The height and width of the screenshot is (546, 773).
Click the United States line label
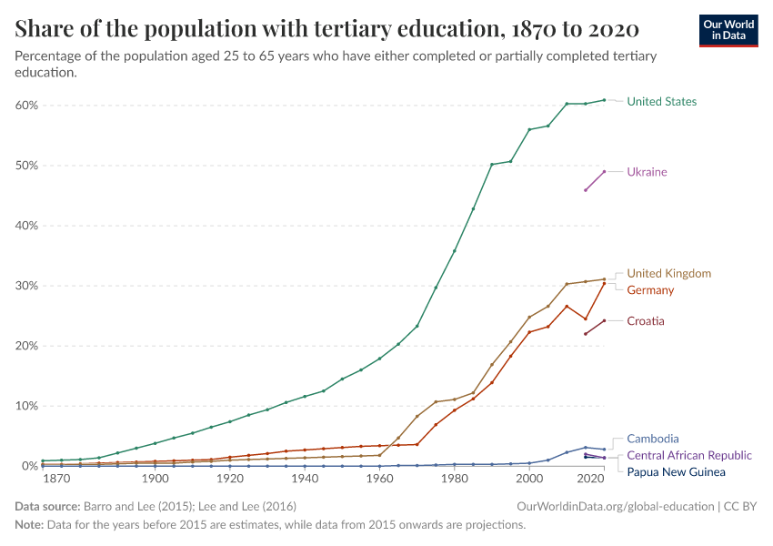pos(661,101)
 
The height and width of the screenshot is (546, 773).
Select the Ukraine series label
pos(647,172)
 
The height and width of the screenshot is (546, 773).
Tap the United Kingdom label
pos(668,273)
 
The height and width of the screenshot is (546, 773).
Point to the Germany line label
pos(650,290)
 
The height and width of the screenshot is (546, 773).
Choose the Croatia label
pos(646,321)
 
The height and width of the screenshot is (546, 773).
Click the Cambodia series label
pos(653,439)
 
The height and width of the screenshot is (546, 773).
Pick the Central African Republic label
pos(689,455)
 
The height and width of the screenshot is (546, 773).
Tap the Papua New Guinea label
pos(676,472)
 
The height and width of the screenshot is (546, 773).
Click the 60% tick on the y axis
pos(25,106)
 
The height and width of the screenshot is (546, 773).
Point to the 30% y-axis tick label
pos(25,286)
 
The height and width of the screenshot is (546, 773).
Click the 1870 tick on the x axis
pos(57,479)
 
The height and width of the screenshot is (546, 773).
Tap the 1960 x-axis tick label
pos(379,479)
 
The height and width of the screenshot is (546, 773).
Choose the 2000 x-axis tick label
pos(529,479)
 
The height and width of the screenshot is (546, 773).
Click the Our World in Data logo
pos(728,30)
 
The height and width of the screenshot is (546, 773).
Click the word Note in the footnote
pos(29,525)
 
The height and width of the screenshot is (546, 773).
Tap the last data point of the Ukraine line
pos(604,172)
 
